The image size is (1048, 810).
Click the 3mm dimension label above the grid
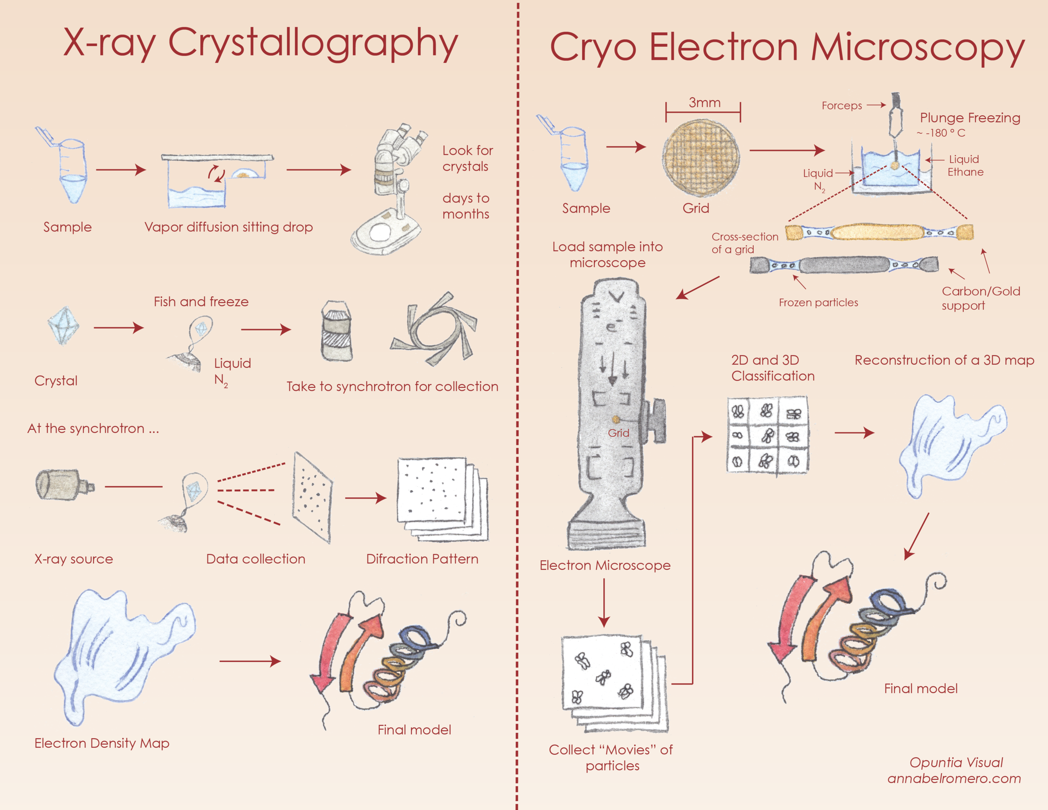(x=704, y=103)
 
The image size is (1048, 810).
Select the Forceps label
(x=842, y=106)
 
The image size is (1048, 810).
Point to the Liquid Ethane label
(x=965, y=166)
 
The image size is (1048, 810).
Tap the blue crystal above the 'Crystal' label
(x=63, y=326)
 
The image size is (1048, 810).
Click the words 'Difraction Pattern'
(x=422, y=559)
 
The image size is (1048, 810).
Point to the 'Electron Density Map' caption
(x=102, y=743)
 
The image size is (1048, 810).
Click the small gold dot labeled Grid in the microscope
(x=616, y=419)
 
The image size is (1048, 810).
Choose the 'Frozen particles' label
(x=818, y=303)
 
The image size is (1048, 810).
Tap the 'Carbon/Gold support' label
(x=981, y=299)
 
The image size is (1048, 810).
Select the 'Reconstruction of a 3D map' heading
(x=944, y=361)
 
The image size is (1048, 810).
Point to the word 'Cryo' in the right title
(x=593, y=48)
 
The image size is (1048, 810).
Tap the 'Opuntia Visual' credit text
(x=956, y=763)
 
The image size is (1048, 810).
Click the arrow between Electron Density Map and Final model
(x=250, y=661)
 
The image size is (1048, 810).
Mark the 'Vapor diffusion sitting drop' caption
(x=228, y=227)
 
